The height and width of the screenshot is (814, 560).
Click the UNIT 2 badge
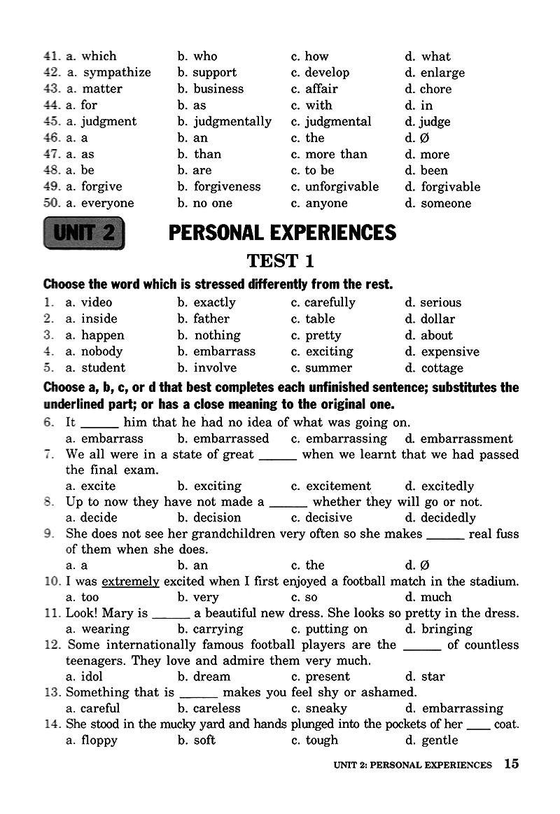click(84, 233)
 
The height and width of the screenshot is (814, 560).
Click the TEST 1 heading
click(280, 261)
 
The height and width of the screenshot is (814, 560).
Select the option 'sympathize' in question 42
click(116, 73)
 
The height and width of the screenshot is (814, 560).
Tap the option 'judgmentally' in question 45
click(232, 122)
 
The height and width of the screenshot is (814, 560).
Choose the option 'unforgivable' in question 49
click(342, 187)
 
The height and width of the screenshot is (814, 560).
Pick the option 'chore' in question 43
click(435, 89)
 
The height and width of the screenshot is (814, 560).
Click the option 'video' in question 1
click(96, 302)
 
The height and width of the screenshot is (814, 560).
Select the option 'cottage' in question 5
click(442, 368)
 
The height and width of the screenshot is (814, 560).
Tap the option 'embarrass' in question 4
click(224, 351)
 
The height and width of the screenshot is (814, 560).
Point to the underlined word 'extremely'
click(131, 581)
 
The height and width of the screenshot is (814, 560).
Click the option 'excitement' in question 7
click(338, 486)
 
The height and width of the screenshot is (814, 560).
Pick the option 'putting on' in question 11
click(336, 629)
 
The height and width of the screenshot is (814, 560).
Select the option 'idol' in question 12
click(92, 677)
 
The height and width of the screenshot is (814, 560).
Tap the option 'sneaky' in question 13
click(326, 708)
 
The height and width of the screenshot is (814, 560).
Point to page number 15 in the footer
click(511, 764)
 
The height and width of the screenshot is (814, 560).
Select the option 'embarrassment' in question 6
click(466, 439)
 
